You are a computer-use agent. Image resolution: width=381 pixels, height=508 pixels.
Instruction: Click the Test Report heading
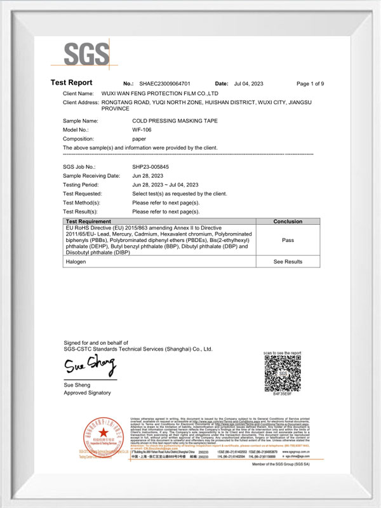[71, 83]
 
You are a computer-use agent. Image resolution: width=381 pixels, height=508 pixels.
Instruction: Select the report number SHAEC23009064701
[164, 84]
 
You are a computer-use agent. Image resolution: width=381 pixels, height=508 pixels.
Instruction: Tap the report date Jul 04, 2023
[248, 84]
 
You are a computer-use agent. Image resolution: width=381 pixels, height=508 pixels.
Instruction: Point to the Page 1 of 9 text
[311, 84]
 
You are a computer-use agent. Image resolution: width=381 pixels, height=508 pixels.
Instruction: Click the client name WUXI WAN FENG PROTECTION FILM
[165, 93]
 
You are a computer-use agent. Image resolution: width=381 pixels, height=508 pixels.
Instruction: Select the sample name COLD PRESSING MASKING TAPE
[168, 120]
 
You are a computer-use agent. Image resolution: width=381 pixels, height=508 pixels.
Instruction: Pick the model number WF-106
[142, 130]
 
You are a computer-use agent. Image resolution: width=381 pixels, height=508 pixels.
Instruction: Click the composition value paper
[139, 138]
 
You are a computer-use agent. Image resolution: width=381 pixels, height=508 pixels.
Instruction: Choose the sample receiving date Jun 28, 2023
[147, 175]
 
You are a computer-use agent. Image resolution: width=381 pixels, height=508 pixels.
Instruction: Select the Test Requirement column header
[93, 222]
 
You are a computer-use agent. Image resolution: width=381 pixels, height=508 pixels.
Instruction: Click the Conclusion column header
[288, 222]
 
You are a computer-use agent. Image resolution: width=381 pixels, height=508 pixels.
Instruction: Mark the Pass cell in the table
[288, 241]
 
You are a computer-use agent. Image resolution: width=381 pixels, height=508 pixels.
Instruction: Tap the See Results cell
[288, 262]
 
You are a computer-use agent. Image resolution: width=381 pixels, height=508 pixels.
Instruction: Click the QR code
[283, 375]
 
